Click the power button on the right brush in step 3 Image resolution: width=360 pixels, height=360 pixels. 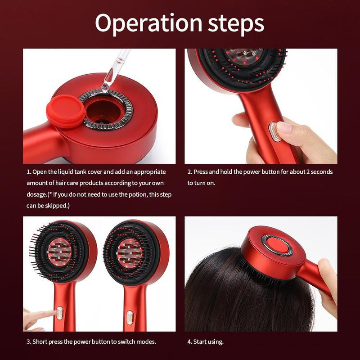[x=130, y=316]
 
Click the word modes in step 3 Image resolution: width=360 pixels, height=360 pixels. [x=146, y=342]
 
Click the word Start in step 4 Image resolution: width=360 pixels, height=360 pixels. [x=201, y=342]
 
